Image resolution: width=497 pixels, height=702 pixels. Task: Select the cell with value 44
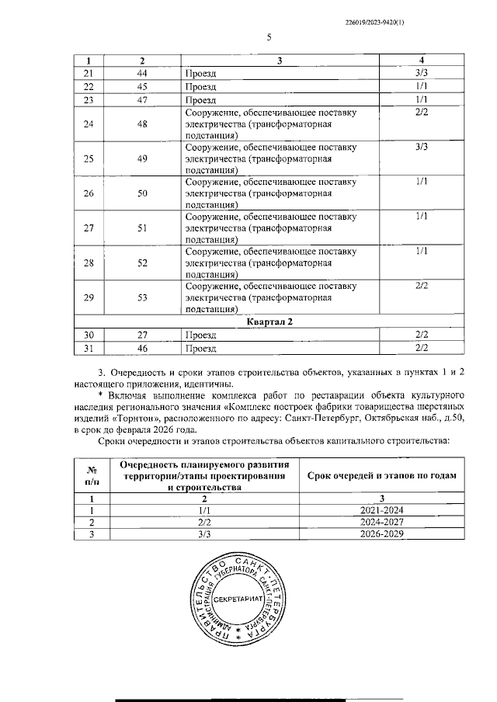[x=142, y=72]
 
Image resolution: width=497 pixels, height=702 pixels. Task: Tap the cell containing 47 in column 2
[x=142, y=99]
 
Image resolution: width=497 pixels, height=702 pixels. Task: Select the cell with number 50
[x=142, y=194]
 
